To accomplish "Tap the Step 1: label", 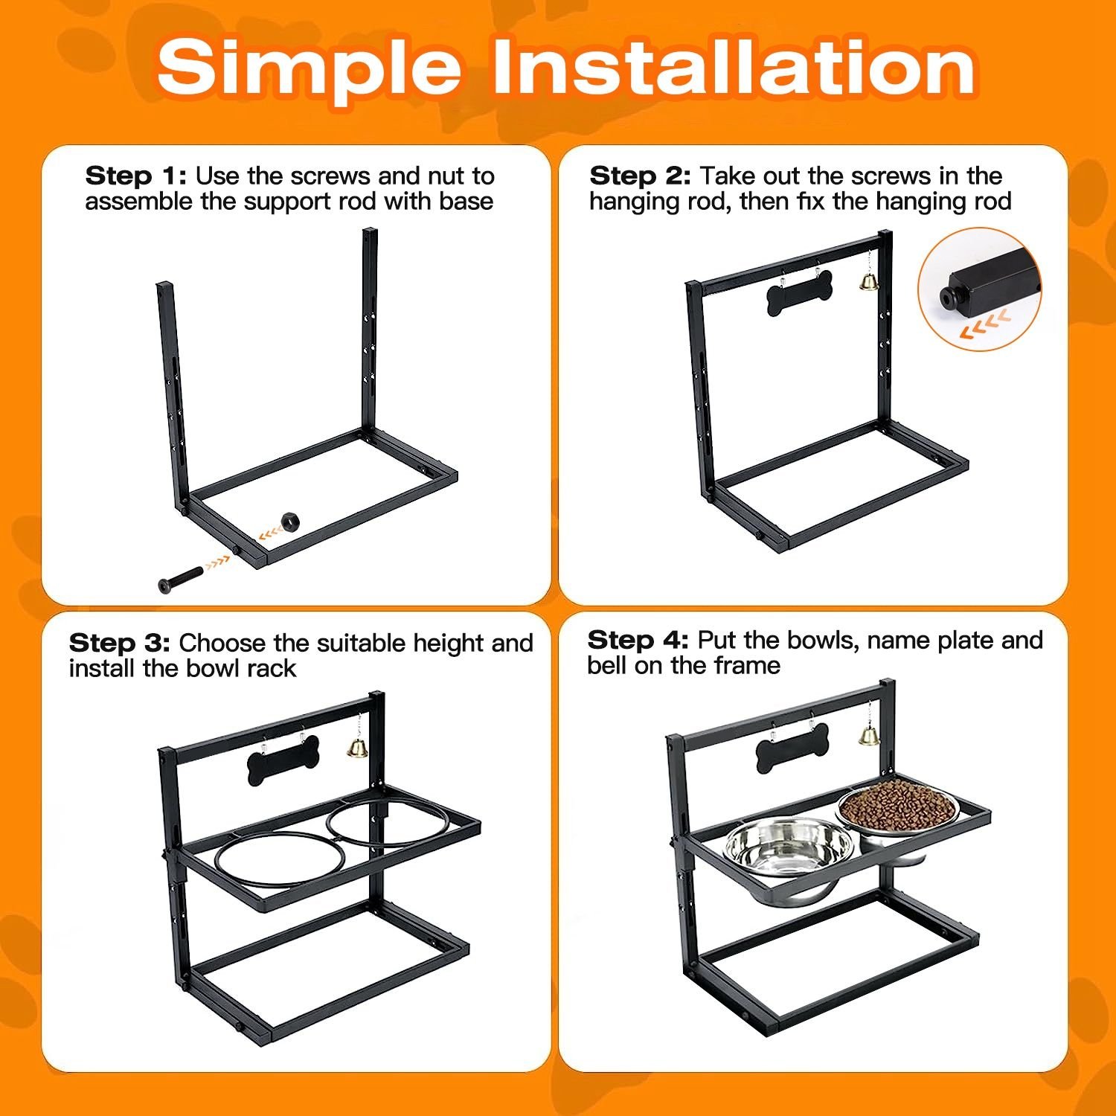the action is point(136,176).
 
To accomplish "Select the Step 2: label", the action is point(640,176).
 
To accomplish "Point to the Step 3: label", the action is point(119,643).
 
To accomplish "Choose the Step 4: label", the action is point(638,640).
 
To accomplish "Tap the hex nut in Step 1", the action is point(289,520).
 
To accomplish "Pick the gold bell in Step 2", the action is point(867,280).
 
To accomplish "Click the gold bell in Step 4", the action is point(868,735).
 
